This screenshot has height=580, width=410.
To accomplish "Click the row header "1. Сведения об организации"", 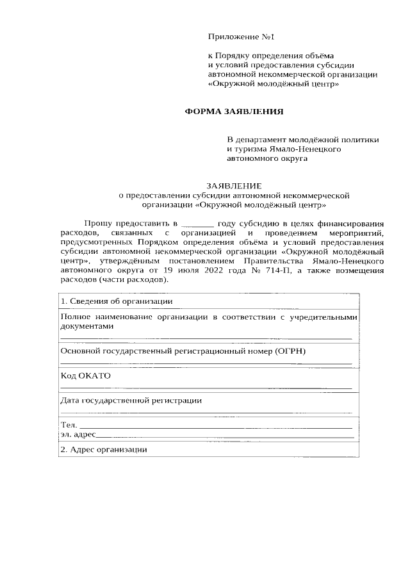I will point(116,301).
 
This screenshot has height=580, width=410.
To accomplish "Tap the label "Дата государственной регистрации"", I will point(131,401).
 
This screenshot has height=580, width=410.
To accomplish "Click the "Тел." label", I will point(68,425).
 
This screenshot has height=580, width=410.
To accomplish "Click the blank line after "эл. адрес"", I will point(224,435).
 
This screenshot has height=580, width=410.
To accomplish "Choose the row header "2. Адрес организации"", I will point(104,450).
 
